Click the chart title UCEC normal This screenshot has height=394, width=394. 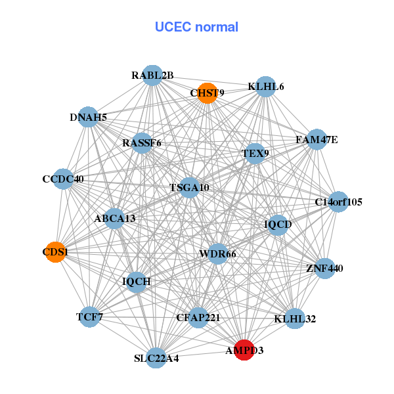pos(196,27)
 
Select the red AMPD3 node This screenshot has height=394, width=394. pos(244,350)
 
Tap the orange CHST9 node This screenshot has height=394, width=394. pos(207,93)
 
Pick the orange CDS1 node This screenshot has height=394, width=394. pos(55,252)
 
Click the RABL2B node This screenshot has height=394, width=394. pos(152,76)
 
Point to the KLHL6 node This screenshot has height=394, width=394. pos(265,87)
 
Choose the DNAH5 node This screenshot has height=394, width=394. pos(88,118)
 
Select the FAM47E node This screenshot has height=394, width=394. pos(317,139)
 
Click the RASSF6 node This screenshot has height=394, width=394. pos(142,142)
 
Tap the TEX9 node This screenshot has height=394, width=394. pos(255,154)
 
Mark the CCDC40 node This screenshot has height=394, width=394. pos(63,179)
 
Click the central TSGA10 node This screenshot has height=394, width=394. pos(189,187)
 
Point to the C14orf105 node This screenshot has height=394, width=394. pos(338,202)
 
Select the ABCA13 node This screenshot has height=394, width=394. pos(115,218)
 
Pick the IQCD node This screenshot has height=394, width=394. pos(278,225)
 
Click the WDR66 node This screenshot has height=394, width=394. pos(217,253)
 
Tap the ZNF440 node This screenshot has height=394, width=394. pos(324,268)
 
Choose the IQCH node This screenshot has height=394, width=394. pos(137,282)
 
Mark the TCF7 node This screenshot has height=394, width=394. pos(89,317)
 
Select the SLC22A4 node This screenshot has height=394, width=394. pos(156,359)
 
